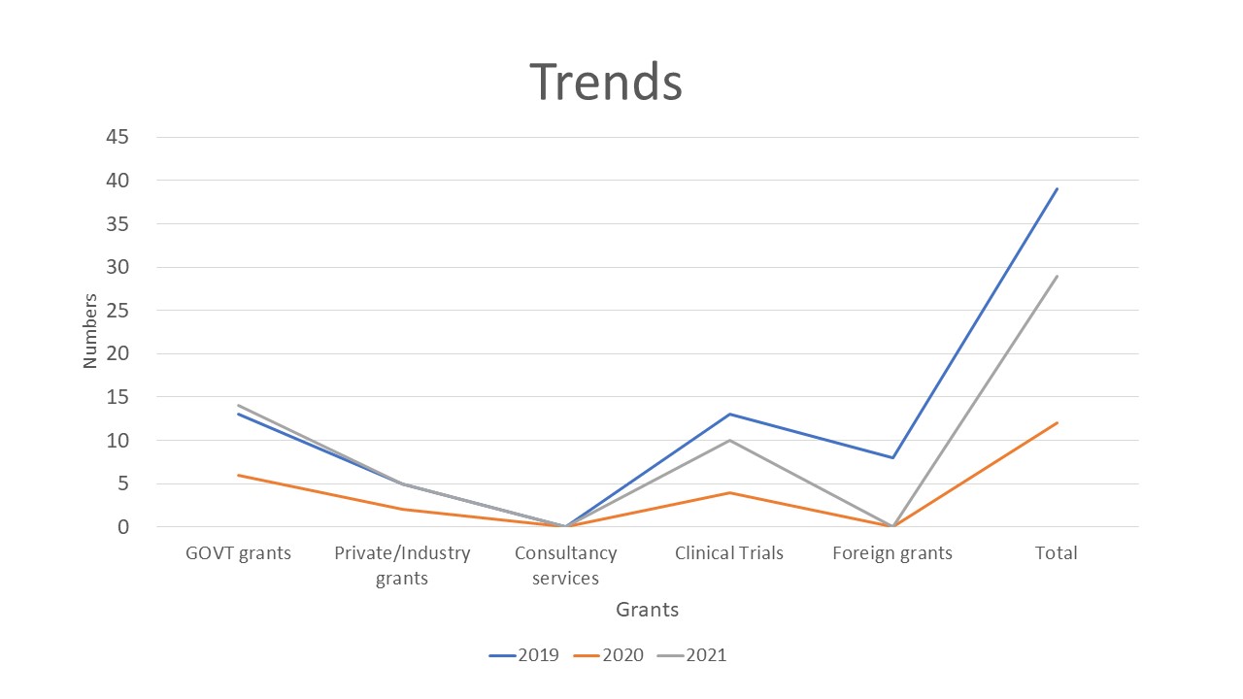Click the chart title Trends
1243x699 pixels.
[606, 82]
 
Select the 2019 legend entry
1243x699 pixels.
[524, 655]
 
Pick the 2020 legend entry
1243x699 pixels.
[609, 655]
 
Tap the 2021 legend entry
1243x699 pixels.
[692, 655]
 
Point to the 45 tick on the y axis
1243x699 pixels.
[118, 137]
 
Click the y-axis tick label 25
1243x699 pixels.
[118, 311]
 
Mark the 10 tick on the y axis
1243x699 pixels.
[118, 440]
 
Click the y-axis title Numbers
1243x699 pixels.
[90, 331]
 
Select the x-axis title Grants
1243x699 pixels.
[647, 610]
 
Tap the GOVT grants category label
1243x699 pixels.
[238, 553]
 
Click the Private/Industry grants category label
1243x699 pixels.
[402, 565]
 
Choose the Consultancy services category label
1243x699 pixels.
[565, 565]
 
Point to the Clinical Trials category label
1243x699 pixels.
[729, 553]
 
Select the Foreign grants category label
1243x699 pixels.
[892, 553]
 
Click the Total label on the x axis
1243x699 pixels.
[1057, 553]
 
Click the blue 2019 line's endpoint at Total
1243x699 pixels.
[1057, 189]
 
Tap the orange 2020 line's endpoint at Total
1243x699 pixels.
[1057, 423]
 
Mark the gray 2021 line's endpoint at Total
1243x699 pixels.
[1057, 276]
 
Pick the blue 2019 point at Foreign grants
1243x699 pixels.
[892, 457]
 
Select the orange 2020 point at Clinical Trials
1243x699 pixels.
[729, 492]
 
